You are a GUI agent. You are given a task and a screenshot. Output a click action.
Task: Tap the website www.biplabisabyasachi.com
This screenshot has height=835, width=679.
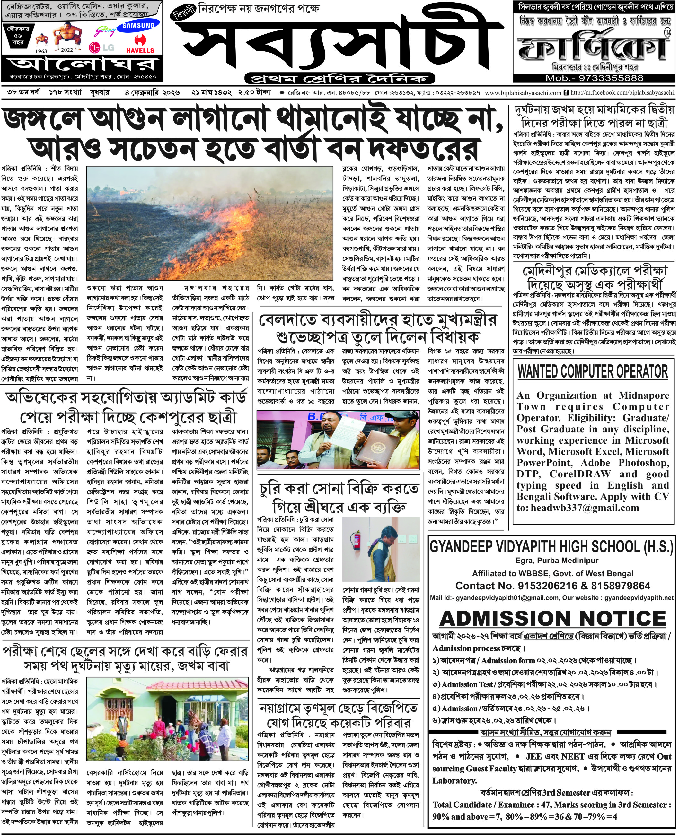tap(523, 93)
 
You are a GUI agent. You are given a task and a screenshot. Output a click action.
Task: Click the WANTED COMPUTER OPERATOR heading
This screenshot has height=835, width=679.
tap(593, 372)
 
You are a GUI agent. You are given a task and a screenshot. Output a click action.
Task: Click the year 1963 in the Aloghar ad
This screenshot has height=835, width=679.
tap(41, 51)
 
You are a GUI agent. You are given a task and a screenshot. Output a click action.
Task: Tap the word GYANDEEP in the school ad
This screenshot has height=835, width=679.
tap(459, 546)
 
